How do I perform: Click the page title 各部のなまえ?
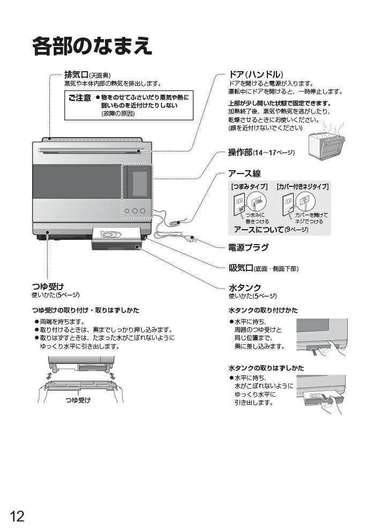pos(92,46)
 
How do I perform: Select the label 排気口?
pos(76,74)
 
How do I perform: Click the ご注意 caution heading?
pos(80,98)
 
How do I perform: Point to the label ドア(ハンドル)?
pos(256,74)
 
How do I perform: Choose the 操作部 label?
pos(240,153)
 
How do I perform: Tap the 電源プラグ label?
pos(248,247)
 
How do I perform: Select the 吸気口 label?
pos(241,268)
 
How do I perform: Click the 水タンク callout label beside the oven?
pos(245,287)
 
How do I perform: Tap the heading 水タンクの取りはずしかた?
pos(266,368)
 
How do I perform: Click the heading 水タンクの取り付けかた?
pos(263,311)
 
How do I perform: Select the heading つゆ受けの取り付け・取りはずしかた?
pos(86,310)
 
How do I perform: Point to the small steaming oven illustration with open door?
pos(326,142)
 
